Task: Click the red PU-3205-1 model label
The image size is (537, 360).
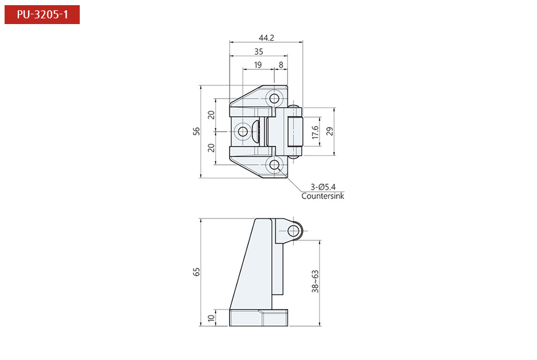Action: pos(42,14)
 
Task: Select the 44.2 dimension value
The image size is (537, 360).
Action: pos(266,38)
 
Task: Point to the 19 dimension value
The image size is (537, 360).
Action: pos(258,65)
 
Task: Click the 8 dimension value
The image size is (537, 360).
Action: pos(281,65)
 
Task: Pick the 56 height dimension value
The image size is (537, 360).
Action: pos(197,131)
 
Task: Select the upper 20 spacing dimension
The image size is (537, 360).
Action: pos(211,115)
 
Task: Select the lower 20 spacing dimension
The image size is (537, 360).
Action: pos(211,148)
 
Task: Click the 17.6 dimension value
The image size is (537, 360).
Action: pos(314,132)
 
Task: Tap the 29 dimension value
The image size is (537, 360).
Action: pos(329,131)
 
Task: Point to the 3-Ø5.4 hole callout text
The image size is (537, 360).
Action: pos(323,187)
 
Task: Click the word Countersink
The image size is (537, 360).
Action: pos(323,196)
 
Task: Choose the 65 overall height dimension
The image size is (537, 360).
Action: pos(197,272)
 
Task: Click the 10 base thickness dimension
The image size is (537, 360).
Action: pos(211,318)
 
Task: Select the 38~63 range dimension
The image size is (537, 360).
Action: pos(315,282)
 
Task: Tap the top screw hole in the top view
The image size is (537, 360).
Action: pos(275,97)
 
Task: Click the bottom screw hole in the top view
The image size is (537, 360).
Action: pos(275,166)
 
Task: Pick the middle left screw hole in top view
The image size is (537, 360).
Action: pos(243,132)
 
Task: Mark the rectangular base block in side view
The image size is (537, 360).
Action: pos(258,318)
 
